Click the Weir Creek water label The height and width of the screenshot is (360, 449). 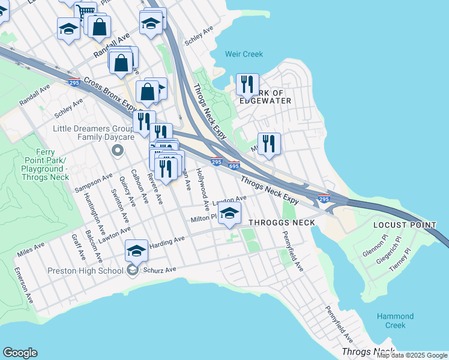[244, 54]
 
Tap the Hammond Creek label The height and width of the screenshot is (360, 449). [395, 320]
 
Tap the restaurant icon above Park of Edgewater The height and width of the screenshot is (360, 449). [247, 85]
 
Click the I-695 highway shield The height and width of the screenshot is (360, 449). [235, 165]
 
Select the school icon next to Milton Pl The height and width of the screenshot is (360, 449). [229, 213]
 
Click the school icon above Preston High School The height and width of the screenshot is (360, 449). [137, 250]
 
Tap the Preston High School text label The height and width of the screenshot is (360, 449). [86, 271]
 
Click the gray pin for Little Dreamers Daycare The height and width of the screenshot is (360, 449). [117, 150]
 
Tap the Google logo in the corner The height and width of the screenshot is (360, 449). [20, 353]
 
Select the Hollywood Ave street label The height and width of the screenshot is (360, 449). [202, 191]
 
